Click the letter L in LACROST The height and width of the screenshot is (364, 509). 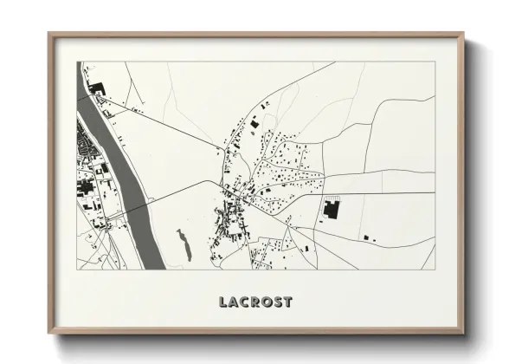224,302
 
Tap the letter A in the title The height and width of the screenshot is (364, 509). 235,302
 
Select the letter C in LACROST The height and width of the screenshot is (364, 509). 245,302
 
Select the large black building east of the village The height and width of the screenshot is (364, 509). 330,208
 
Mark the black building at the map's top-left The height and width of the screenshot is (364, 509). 96,88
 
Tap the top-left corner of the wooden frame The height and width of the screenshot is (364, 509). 48,34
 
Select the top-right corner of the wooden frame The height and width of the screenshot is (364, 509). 464,34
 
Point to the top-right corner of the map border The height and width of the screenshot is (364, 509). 435,62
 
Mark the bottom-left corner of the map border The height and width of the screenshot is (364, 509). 77,270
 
